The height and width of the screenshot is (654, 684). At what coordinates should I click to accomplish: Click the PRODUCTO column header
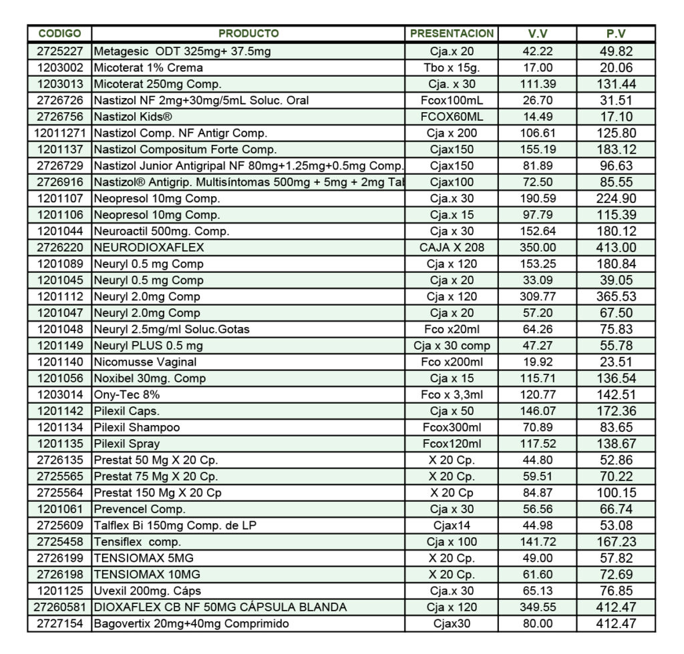248,33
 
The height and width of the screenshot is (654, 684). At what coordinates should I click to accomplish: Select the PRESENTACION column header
452,33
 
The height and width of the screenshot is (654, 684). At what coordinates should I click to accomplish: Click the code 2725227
59,51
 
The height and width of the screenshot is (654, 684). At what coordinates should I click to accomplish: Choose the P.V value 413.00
616,248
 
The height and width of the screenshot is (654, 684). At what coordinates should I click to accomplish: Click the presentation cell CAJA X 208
452,248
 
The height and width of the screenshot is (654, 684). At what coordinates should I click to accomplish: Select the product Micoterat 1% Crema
148,67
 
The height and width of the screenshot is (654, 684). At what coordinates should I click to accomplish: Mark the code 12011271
59,133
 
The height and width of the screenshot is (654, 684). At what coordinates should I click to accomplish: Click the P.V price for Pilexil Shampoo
616,427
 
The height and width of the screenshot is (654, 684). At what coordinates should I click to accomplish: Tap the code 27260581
59,607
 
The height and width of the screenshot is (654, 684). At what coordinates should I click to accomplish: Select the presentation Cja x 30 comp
452,346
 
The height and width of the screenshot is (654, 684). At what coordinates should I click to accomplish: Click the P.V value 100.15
616,493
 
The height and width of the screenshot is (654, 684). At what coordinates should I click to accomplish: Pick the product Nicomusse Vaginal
145,362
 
